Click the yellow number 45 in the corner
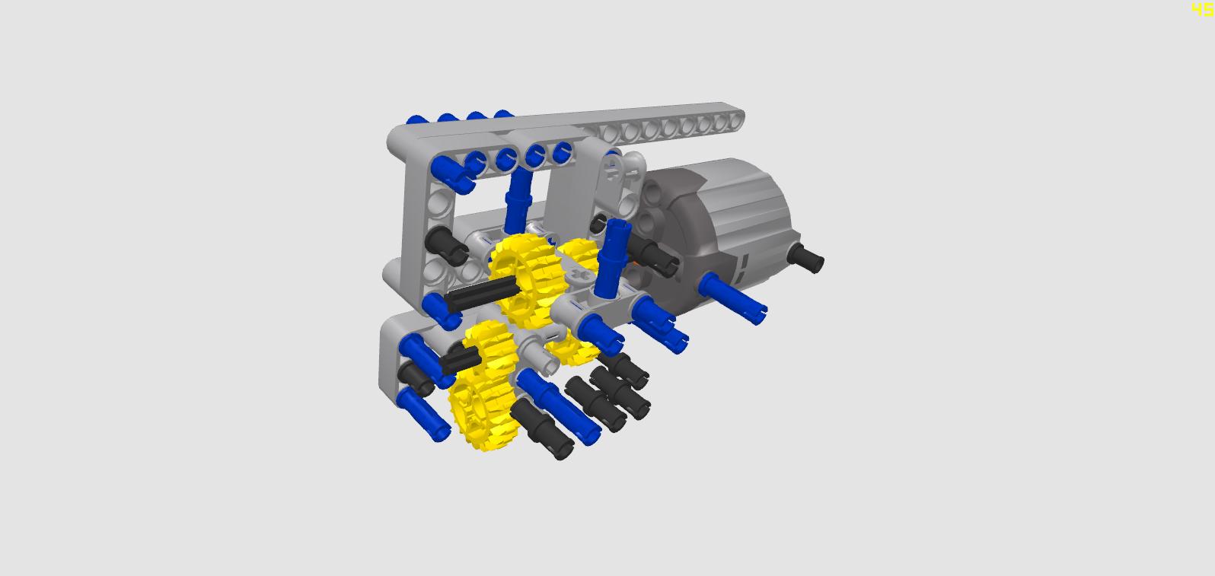click(x=1203, y=9)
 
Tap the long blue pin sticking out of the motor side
click(x=732, y=298)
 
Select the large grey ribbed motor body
click(x=716, y=228)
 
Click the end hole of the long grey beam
click(x=735, y=120)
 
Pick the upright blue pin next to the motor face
click(x=612, y=258)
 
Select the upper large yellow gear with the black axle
click(x=524, y=279)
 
